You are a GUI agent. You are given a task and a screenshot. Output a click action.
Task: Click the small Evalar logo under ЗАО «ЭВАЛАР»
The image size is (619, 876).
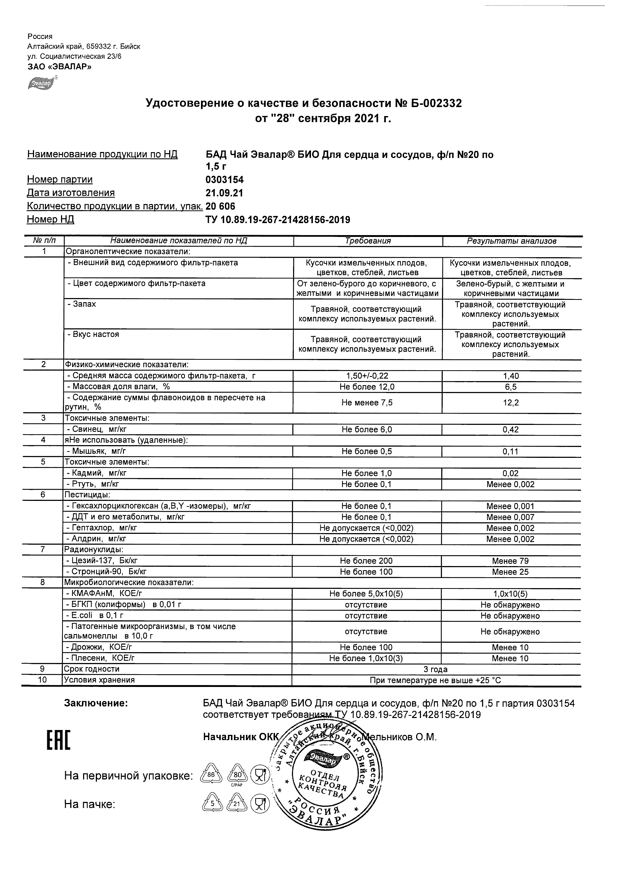42,83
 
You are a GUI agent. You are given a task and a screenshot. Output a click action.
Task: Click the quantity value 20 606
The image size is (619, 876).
220,206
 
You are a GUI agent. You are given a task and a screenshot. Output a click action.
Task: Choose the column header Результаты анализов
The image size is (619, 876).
512,241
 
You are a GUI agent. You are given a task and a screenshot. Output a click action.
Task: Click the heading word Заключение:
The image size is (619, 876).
96,703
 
